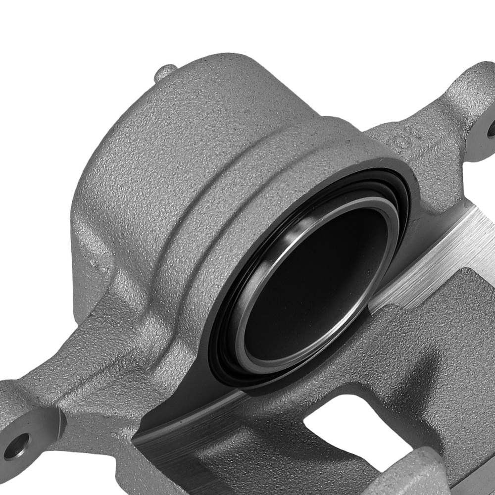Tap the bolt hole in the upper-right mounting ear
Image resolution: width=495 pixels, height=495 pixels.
492,130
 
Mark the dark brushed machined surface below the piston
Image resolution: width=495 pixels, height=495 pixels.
198,445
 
